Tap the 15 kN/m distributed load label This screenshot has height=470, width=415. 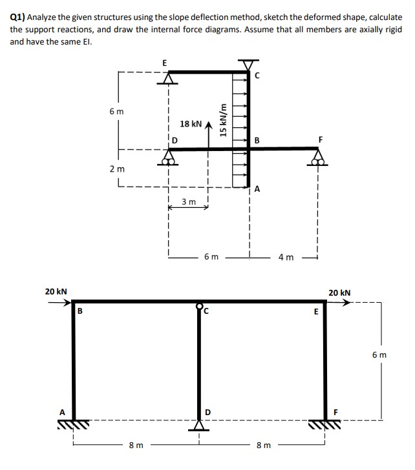tap(224, 120)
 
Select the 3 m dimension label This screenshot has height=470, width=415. tap(188, 202)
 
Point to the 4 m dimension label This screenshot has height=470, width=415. tap(285, 258)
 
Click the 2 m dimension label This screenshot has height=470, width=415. tap(118, 169)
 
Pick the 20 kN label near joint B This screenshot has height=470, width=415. tap(56, 292)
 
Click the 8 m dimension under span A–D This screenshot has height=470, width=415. tap(136, 445)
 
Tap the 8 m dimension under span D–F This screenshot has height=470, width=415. tap(263, 445)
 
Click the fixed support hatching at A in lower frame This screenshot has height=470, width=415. tap(73, 425)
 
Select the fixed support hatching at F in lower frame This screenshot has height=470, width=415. tap(326, 425)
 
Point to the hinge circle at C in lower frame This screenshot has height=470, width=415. tap(199, 306)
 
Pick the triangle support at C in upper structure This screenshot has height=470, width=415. tap(248, 66)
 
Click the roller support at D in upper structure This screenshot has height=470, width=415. tap(169, 158)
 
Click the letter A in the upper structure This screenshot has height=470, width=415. tap(257, 189)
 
